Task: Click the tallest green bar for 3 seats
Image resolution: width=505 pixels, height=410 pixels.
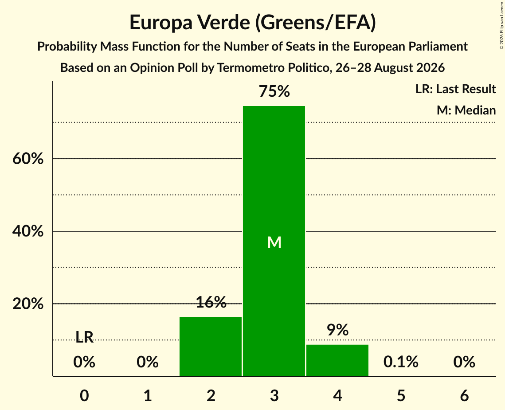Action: tap(274, 241)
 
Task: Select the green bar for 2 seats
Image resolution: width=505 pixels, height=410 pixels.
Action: tap(211, 346)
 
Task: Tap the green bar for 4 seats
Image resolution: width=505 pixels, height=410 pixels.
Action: tap(337, 360)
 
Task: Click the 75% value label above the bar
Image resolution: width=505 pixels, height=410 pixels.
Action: tap(274, 91)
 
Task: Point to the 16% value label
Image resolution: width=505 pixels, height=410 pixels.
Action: tap(211, 302)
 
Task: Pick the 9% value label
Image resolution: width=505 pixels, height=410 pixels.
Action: tap(337, 330)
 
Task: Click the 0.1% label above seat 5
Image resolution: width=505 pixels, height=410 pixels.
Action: tap(401, 362)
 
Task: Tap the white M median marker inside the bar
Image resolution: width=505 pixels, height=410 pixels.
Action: tap(274, 242)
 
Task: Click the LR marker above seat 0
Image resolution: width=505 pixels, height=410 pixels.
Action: tap(84, 337)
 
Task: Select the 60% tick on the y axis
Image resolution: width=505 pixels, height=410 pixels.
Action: tap(28, 158)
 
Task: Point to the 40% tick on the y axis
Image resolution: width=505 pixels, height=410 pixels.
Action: tap(28, 231)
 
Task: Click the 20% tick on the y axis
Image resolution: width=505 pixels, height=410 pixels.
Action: tap(28, 304)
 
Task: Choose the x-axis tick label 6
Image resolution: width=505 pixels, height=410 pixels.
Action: tap(464, 395)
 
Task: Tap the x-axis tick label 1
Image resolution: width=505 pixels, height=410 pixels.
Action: tap(148, 395)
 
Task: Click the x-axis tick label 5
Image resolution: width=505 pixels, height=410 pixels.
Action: tap(401, 395)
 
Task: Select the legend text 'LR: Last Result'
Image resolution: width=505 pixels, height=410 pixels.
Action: tap(455, 89)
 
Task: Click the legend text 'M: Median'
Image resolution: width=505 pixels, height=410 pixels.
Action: tap(466, 110)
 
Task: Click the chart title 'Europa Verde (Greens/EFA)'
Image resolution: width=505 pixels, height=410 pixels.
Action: tap(253, 23)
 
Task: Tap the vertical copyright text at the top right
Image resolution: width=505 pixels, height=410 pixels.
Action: tap(501, 26)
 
